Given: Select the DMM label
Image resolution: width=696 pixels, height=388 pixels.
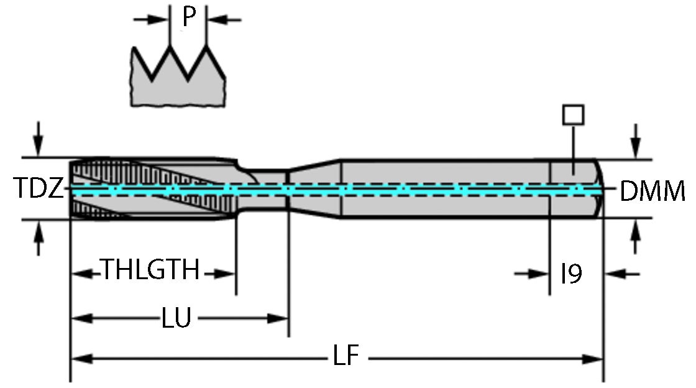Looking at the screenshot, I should [652, 192].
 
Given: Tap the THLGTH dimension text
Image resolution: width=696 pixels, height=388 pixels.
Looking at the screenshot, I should [150, 272].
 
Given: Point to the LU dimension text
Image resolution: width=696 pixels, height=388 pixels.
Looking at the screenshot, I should [176, 319].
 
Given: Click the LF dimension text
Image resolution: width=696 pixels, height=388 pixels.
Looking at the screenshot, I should [345, 359].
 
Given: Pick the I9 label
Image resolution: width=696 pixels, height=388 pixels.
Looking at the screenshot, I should [571, 274].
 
